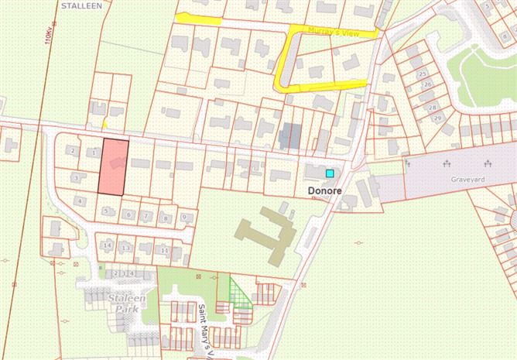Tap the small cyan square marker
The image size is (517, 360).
330,173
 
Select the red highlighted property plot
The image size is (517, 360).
112,167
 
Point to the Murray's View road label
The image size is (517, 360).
334,29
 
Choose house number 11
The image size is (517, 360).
164,251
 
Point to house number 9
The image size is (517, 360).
183,217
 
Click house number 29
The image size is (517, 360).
438,118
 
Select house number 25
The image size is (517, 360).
423,74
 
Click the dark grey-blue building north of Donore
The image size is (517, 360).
291,136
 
